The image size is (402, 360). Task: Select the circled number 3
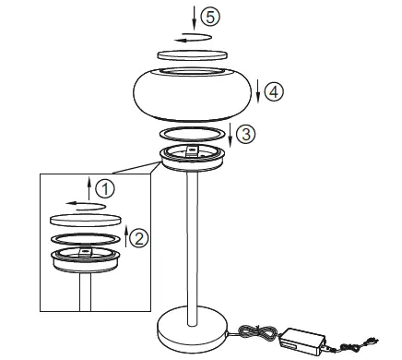[243, 134]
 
